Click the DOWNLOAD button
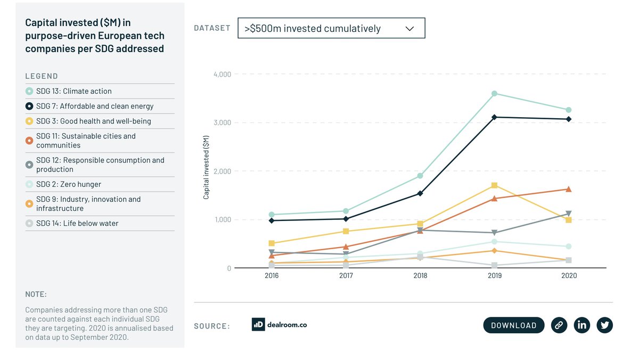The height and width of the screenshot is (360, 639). (x=513, y=325)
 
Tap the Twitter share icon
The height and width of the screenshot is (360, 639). (x=604, y=325)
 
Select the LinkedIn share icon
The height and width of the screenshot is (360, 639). (x=581, y=325)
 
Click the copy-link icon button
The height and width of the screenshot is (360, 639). (x=559, y=325)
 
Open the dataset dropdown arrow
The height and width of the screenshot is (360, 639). (x=409, y=29)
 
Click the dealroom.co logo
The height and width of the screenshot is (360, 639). (x=280, y=324)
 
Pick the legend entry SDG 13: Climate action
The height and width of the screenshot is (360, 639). (x=74, y=91)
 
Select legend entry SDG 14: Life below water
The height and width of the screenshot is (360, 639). (x=77, y=223)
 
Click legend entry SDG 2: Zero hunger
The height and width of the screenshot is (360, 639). (x=68, y=184)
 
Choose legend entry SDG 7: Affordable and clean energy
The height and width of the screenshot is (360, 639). (x=95, y=106)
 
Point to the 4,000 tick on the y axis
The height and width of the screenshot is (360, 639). (x=222, y=74)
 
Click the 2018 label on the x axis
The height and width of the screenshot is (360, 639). (x=420, y=276)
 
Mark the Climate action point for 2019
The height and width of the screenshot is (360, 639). (x=494, y=94)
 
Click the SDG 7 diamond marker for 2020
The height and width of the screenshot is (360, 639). (x=568, y=119)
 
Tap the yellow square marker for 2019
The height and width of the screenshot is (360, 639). (x=494, y=185)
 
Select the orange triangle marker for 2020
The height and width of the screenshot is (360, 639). (x=568, y=189)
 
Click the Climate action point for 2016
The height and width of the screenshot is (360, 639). (x=272, y=215)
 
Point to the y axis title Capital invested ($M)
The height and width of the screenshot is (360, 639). (x=207, y=167)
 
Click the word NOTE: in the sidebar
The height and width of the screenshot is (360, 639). (x=36, y=294)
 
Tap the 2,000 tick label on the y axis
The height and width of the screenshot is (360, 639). (x=222, y=171)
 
